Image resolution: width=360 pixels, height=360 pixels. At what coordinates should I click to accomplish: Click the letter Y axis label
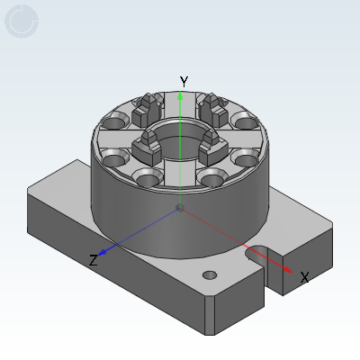184,82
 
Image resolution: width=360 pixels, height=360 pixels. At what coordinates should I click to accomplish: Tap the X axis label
304,277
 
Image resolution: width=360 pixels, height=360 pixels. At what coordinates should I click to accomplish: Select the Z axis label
94,260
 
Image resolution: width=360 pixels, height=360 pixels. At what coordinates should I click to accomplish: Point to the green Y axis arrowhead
180,95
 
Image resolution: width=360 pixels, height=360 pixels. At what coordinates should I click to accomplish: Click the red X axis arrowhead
288,270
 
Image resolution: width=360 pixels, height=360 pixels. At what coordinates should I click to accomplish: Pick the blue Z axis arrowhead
103,252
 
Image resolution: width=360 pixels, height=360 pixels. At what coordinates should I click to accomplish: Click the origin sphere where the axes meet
180,208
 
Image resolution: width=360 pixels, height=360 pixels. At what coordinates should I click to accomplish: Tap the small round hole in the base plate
210,275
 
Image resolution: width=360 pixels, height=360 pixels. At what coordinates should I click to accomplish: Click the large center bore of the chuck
180,141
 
